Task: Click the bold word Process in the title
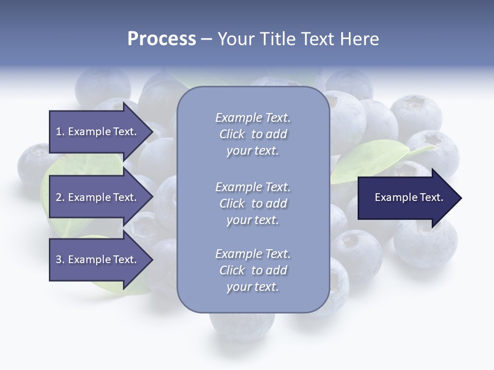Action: (x=162, y=39)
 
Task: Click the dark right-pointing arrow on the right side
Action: (x=407, y=198)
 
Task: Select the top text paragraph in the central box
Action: (x=253, y=134)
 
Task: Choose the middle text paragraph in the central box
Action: (x=253, y=203)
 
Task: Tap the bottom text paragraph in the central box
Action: (x=253, y=270)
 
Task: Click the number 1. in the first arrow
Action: (x=60, y=132)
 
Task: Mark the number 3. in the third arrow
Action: (x=60, y=260)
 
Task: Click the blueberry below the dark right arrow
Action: (x=425, y=244)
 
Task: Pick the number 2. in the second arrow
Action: (x=60, y=197)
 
